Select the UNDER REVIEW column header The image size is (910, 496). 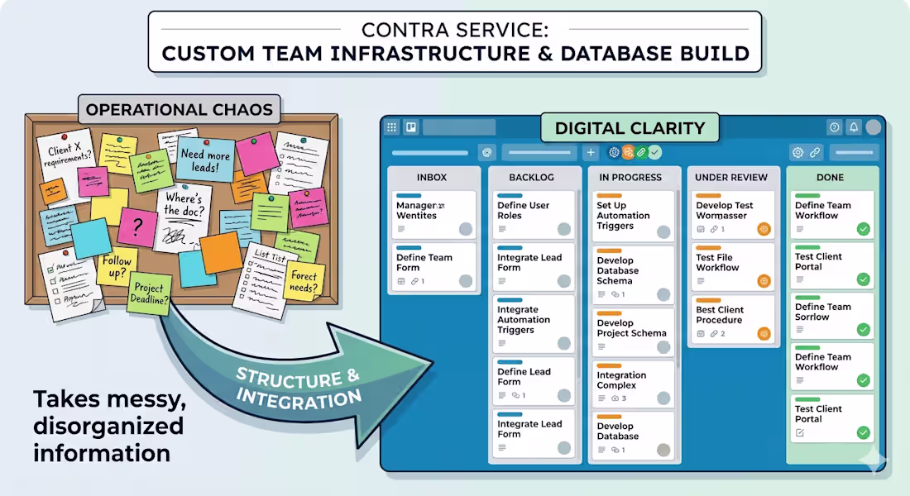[731, 177]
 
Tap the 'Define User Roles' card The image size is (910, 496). [533, 214]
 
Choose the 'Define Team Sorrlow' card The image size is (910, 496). [830, 316]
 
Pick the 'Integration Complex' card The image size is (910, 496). [632, 386]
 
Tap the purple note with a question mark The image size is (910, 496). [137, 226]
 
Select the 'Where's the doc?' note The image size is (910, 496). [182, 217]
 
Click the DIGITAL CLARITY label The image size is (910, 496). [630, 128]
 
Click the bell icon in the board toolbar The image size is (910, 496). [854, 127]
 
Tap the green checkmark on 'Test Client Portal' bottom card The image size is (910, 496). [864, 432]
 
